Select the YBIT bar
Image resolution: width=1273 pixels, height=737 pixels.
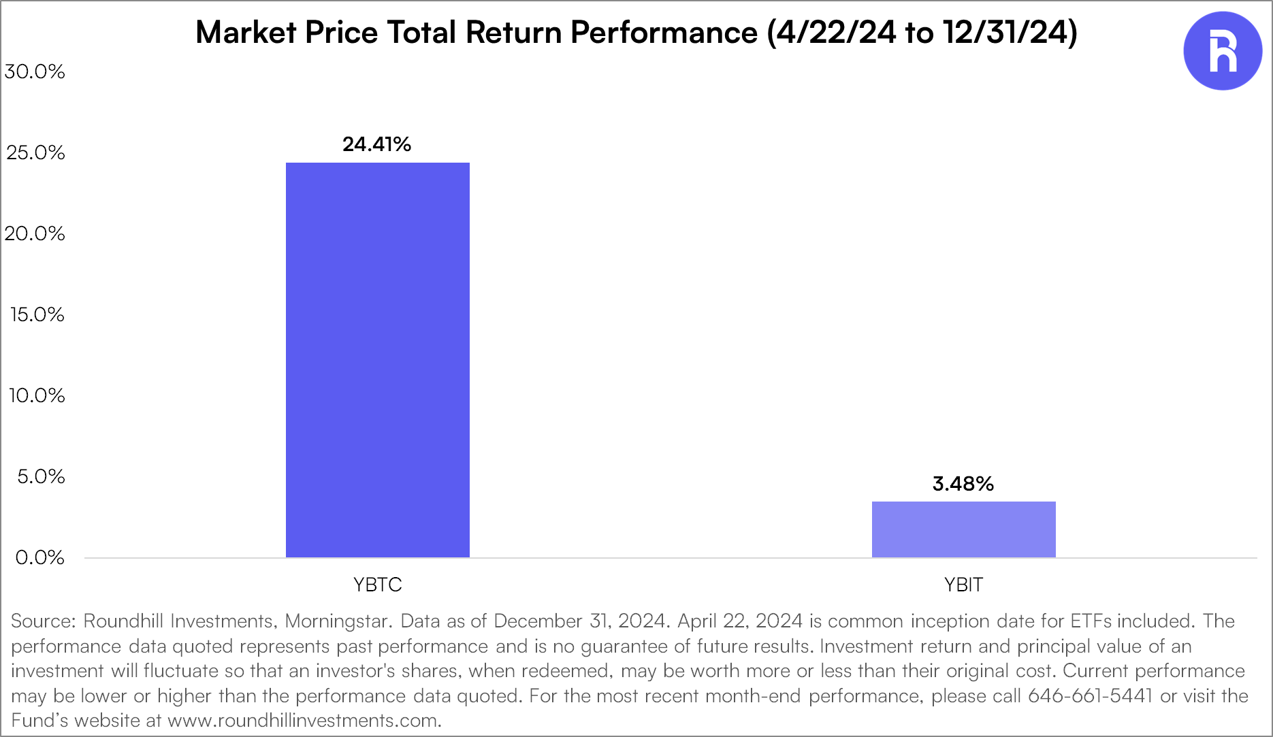tap(963, 529)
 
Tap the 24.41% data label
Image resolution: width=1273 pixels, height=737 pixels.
tap(376, 144)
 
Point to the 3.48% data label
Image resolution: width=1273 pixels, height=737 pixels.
tap(963, 484)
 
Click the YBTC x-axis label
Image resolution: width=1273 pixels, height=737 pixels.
tap(377, 585)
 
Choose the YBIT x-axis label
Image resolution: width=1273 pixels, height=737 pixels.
tap(963, 585)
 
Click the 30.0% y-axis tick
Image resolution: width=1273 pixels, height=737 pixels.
tap(35, 71)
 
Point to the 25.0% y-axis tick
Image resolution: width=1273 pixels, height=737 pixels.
tap(35, 152)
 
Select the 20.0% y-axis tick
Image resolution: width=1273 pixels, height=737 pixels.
tap(35, 233)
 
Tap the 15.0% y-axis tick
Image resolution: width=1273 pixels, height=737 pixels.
tap(37, 314)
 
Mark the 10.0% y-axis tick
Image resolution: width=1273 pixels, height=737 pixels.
tap(37, 395)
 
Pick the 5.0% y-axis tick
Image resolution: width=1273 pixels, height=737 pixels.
tap(41, 476)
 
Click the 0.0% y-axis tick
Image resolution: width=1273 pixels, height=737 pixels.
tap(39, 557)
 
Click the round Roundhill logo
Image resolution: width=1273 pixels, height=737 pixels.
tap(1223, 51)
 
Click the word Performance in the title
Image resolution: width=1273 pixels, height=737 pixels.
tap(664, 33)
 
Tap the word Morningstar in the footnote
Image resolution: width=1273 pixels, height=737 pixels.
tap(338, 621)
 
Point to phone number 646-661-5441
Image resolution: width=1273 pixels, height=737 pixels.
tap(1090, 696)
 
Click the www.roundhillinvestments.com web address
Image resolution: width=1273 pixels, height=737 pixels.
tap(303, 721)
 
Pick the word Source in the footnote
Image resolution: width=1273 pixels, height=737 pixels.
tap(43, 621)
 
